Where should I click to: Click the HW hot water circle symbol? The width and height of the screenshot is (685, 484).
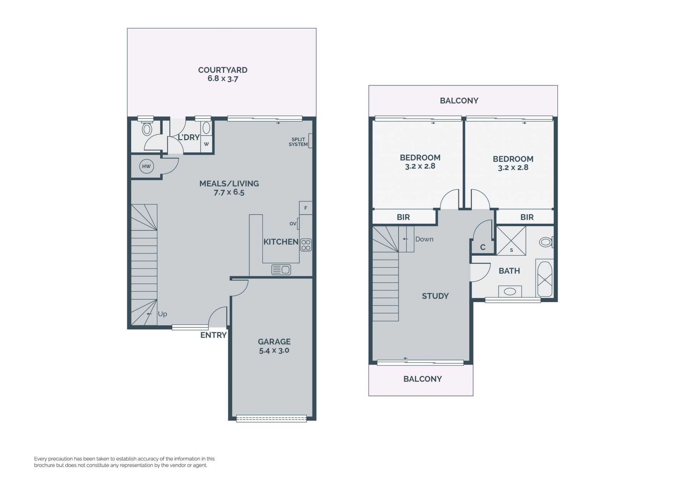146,166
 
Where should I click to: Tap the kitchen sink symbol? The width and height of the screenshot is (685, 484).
281,270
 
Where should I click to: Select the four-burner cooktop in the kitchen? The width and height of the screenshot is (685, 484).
306,245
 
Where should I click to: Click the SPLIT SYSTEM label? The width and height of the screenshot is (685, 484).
298,142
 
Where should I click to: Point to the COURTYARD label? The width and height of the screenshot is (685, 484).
223,70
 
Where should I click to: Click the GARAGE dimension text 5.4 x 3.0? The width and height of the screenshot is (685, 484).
274,350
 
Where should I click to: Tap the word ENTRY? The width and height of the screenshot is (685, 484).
213,335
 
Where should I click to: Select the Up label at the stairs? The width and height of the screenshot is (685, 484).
162,314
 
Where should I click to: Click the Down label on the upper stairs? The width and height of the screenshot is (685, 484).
424,239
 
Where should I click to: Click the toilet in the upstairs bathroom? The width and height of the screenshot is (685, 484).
546,242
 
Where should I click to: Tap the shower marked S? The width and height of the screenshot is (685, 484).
511,240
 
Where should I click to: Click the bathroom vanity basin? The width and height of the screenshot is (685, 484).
510,291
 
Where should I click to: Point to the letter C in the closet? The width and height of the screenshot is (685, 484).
483,247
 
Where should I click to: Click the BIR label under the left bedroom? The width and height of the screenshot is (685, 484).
403,217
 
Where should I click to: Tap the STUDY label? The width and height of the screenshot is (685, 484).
435,296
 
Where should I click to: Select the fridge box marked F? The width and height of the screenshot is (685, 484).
306,208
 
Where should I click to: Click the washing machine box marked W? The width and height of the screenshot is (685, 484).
206,144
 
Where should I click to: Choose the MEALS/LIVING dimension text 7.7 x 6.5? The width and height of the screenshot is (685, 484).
229,192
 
